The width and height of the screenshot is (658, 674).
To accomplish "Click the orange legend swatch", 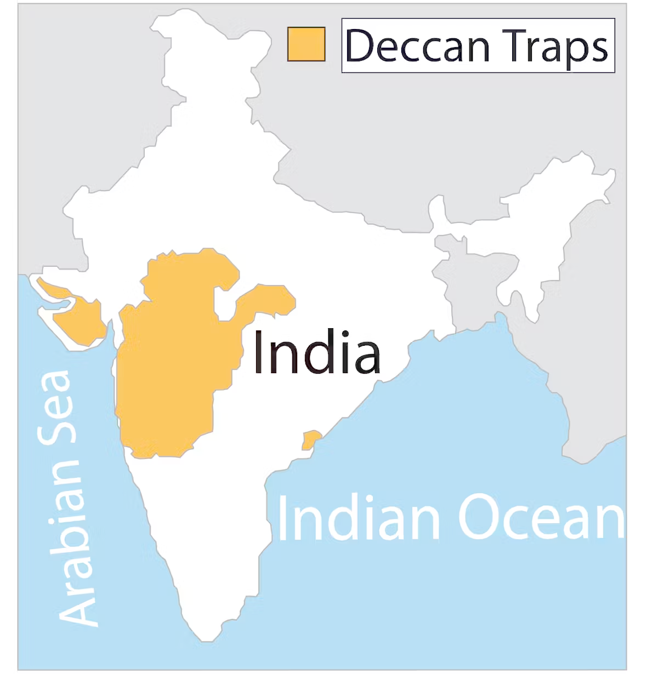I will (x=307, y=44).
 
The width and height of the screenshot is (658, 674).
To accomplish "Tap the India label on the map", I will (x=316, y=352).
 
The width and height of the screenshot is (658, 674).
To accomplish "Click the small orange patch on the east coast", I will (x=311, y=439).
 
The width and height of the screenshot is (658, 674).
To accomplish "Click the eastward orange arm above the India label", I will (x=269, y=300).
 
